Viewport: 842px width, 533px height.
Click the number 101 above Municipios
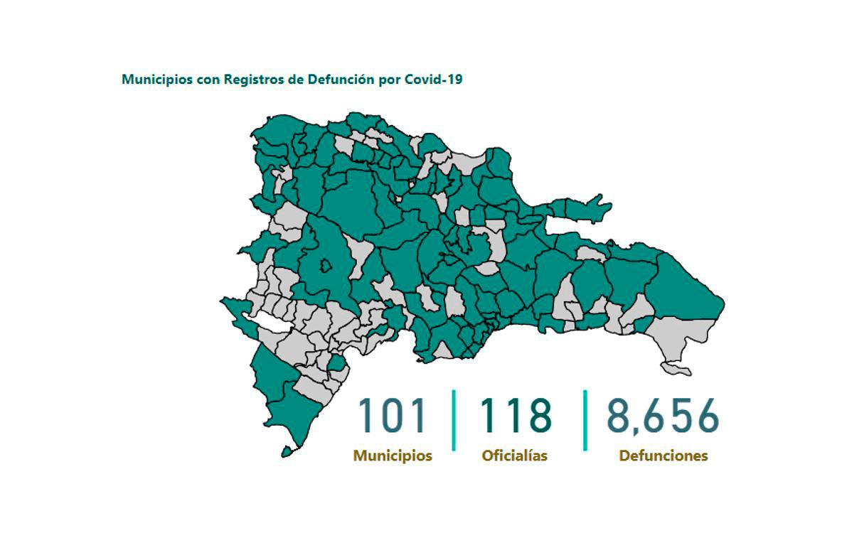(x=393, y=416)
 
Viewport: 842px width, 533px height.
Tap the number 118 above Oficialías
(x=516, y=416)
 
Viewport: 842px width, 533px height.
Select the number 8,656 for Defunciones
(x=663, y=416)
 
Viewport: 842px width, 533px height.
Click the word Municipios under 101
(x=393, y=456)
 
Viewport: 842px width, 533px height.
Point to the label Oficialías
(x=515, y=456)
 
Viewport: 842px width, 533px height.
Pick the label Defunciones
(x=664, y=456)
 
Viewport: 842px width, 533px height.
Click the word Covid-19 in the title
(x=433, y=80)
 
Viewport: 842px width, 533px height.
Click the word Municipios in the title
(x=155, y=80)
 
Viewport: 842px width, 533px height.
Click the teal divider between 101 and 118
(x=453, y=420)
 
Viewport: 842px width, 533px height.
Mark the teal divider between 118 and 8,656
(x=585, y=420)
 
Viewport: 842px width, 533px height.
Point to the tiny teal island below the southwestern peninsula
(x=287, y=451)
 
